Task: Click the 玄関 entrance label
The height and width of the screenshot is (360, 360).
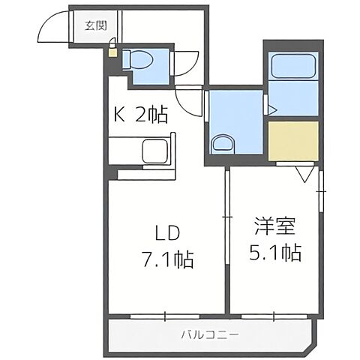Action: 94,25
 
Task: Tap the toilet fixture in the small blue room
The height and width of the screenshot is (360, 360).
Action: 138,59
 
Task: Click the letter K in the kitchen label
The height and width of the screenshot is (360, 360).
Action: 118,115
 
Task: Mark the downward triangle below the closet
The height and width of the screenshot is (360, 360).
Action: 304,175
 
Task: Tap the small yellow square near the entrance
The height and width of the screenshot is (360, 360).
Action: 112,51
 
